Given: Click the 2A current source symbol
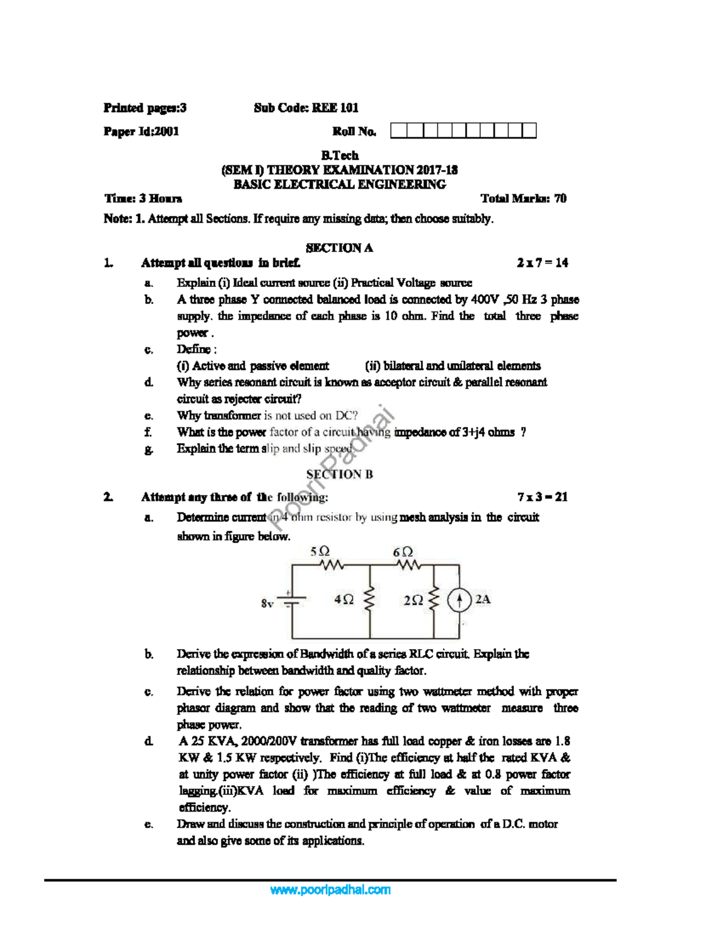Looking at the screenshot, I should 459,600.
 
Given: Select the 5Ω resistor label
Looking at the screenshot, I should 319,551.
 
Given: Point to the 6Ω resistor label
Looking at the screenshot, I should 403,551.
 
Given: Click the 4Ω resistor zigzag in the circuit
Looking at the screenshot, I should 370,600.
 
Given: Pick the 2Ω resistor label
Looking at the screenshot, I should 413,600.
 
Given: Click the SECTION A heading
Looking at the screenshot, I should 339,248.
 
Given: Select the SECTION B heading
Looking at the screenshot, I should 339,474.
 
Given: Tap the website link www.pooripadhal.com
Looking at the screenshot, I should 330,890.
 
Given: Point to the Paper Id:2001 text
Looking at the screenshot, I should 142,131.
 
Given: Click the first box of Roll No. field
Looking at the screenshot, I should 398,131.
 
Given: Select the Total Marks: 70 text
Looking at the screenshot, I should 523,198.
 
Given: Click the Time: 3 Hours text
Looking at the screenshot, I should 143,198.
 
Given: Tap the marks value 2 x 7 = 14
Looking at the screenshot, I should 542,263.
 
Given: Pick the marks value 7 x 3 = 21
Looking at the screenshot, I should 542,497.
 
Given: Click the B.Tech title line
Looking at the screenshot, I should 339,155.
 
